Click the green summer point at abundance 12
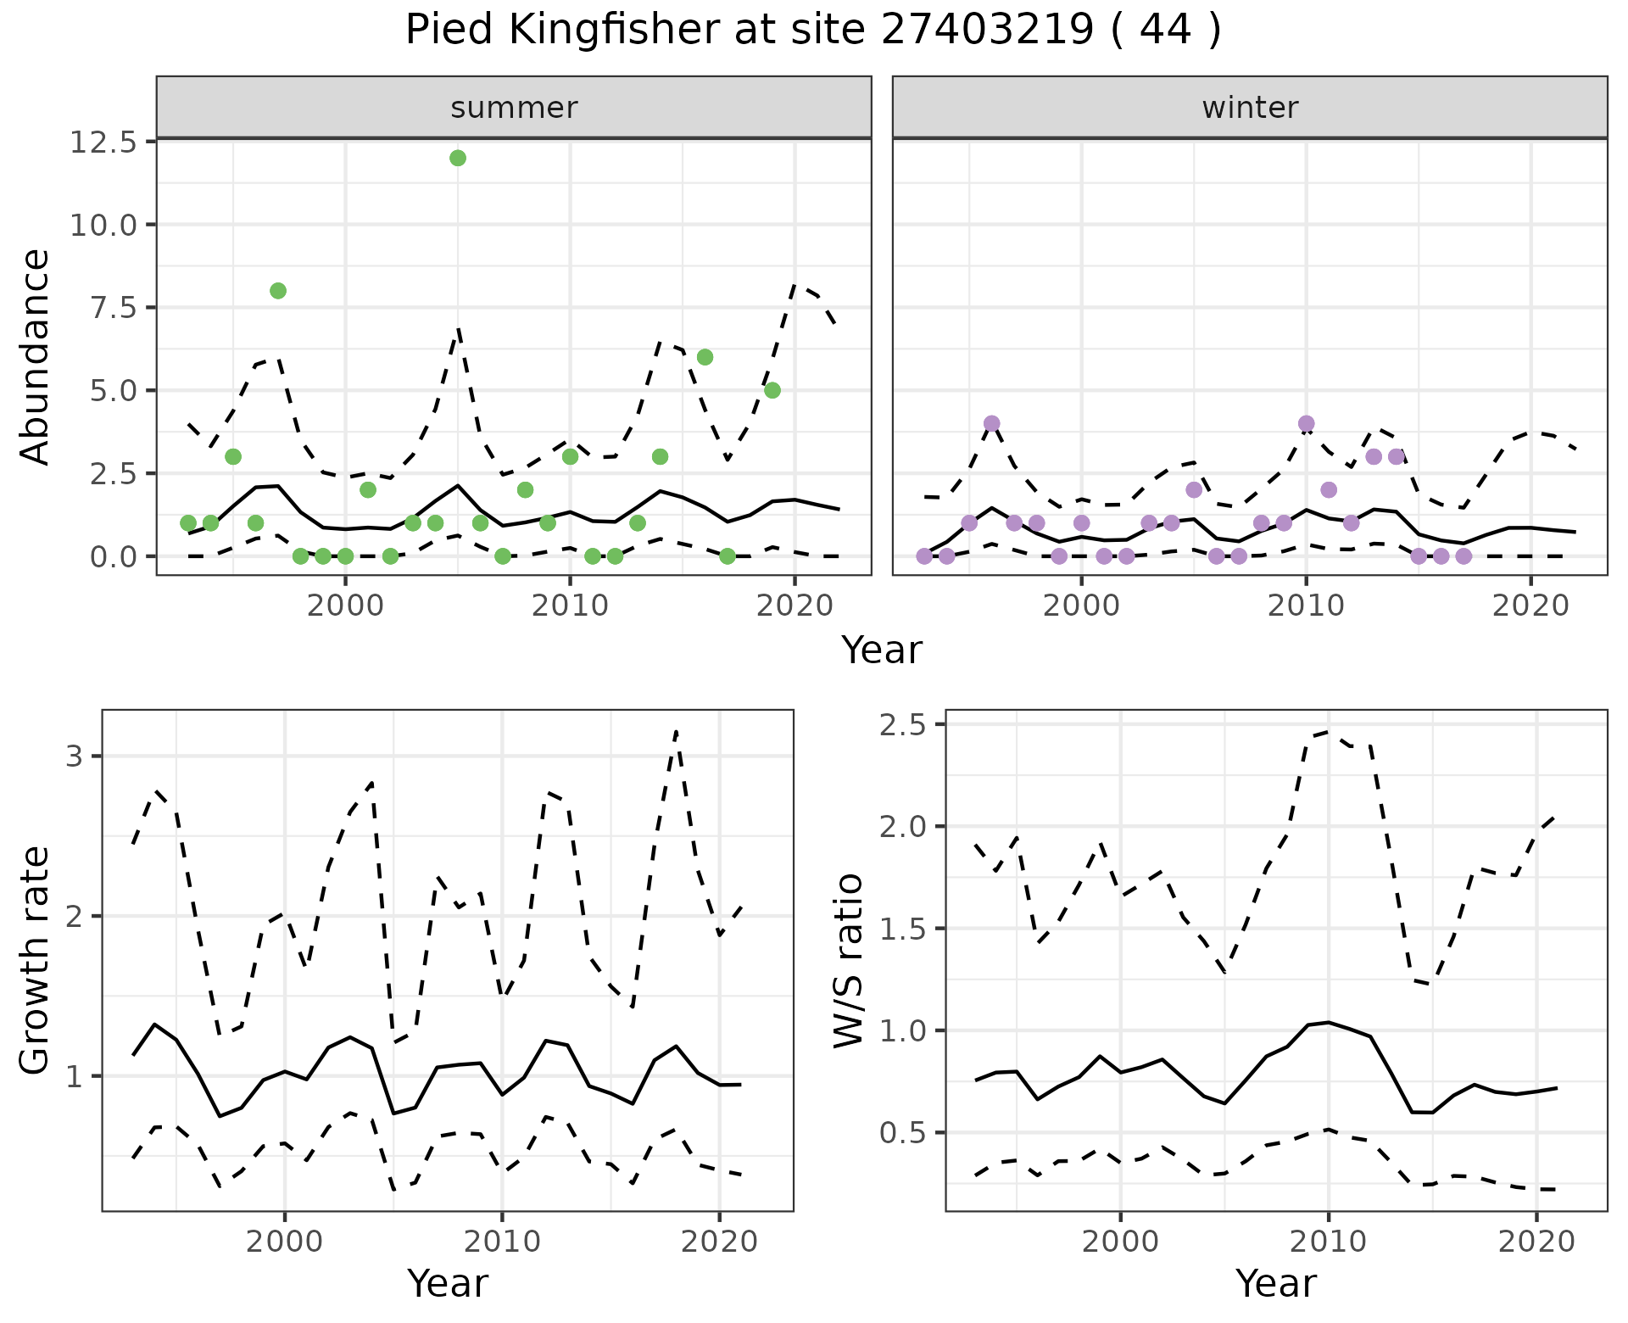pyautogui.click(x=458, y=158)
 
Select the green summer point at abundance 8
pyautogui.click(x=278, y=291)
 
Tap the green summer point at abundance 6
pyautogui.click(x=705, y=357)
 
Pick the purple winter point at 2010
pyautogui.click(x=1306, y=423)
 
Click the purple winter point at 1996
pyautogui.click(x=992, y=423)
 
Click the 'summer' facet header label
pyautogui.click(x=514, y=108)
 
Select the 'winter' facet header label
pyautogui.click(x=1250, y=108)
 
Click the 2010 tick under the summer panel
pyautogui.click(x=570, y=606)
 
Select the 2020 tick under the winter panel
pyautogui.click(x=1530, y=606)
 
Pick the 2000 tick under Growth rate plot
pyautogui.click(x=285, y=1242)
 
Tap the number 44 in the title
pyautogui.click(x=1162, y=31)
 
